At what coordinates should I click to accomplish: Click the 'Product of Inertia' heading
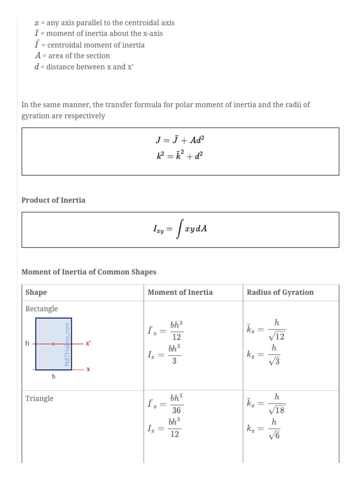[53, 200]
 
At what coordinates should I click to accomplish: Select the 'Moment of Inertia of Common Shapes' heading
[89, 272]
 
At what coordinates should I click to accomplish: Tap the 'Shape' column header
[36, 292]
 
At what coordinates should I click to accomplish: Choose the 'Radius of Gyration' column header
[280, 292]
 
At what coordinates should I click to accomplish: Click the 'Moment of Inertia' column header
[180, 292]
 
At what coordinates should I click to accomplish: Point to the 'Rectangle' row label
[42, 309]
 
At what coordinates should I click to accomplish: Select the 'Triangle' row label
[39, 398]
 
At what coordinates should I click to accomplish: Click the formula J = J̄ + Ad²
[180, 140]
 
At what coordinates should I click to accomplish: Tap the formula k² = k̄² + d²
[180, 156]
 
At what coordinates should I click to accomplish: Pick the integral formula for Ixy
[180, 229]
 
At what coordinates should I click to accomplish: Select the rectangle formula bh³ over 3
[164, 355]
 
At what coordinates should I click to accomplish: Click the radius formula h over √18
[266, 404]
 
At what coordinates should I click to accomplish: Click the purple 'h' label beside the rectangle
[27, 344]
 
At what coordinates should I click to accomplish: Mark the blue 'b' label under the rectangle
[53, 376]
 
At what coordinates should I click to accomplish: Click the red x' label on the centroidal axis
[88, 344]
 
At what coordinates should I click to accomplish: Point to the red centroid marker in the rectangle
[53, 344]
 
